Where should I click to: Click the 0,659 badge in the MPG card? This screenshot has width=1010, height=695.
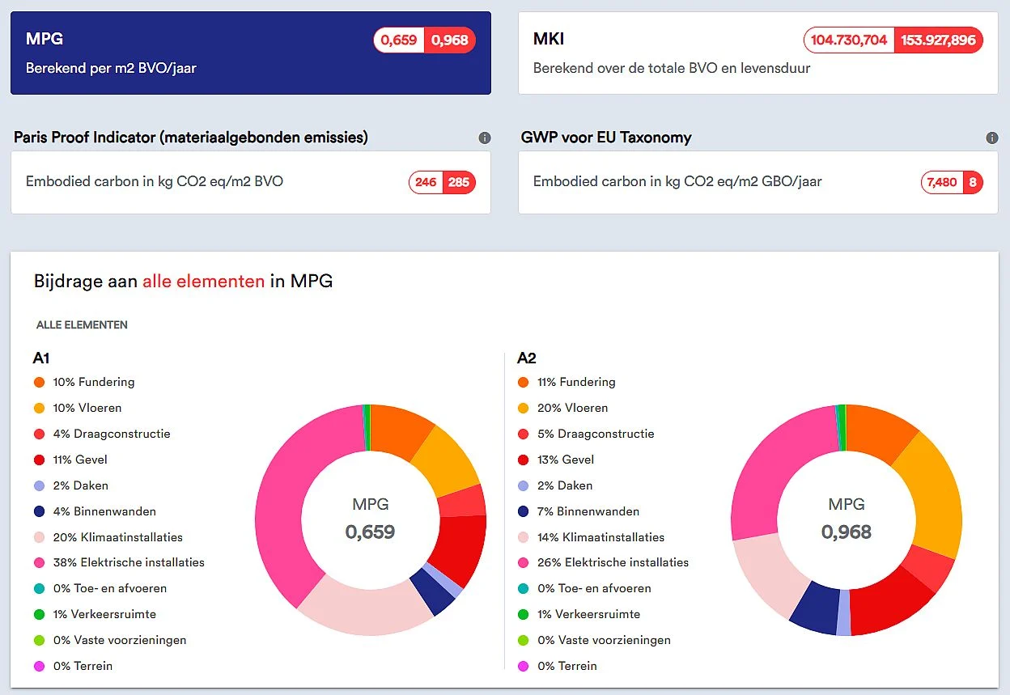tap(399, 40)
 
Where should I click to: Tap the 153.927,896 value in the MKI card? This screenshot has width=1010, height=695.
tap(938, 40)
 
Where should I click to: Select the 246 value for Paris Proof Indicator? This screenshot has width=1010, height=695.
tap(426, 182)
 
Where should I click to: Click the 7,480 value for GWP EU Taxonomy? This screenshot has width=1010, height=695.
tap(942, 182)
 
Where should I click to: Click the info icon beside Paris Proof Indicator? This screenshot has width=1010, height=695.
tap(485, 138)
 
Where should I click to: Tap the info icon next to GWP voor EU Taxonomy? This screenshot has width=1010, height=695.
tap(992, 138)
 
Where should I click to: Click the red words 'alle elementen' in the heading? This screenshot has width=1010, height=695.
tap(203, 282)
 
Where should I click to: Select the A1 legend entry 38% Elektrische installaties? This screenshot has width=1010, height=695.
tap(120, 562)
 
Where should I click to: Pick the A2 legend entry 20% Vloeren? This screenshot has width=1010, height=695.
tap(563, 408)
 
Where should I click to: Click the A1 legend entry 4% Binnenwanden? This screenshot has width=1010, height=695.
tap(95, 511)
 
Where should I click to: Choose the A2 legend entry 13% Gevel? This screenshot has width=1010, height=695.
tap(556, 460)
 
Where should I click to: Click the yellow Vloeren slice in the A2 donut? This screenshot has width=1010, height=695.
tap(933, 496)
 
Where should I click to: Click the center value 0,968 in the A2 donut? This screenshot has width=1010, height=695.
tap(847, 532)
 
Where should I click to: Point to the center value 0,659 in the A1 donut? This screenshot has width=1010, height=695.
tap(370, 532)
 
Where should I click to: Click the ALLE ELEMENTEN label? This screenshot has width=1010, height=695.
tap(82, 325)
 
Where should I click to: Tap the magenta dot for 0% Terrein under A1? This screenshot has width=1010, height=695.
tap(39, 666)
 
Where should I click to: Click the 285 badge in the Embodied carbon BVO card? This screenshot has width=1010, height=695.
tap(459, 182)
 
